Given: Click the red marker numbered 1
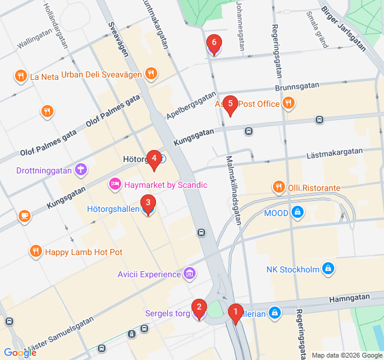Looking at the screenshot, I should [x=236, y=312].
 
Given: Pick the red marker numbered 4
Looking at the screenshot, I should [x=154, y=159].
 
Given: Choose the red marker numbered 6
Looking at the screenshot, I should [x=213, y=43].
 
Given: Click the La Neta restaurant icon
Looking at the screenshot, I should [x=21, y=76].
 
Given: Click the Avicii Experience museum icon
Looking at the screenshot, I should [x=190, y=274].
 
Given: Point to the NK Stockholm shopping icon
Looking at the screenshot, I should [x=328, y=269].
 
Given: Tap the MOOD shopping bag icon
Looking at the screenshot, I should [x=296, y=212].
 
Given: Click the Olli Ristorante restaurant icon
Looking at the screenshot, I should [x=278, y=188].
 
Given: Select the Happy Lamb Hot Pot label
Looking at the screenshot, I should [x=83, y=252].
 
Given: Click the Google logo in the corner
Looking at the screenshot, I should [x=20, y=353].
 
